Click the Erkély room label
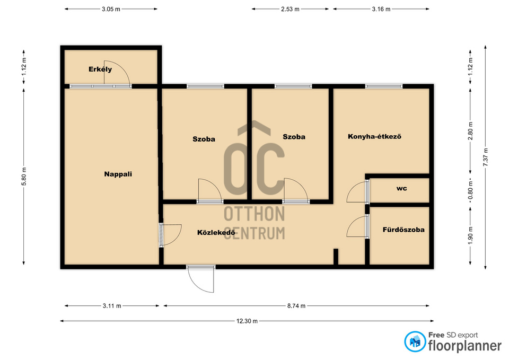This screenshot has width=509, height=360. [x=100, y=69]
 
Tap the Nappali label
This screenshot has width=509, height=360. [x=118, y=174]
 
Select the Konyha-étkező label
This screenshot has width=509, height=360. [x=374, y=136]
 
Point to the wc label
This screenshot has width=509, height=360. [x=401, y=188]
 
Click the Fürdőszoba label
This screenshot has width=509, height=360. [x=403, y=230]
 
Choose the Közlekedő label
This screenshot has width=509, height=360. [x=216, y=232]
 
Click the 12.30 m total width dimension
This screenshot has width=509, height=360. [x=247, y=321]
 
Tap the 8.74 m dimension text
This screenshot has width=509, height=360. [x=296, y=306]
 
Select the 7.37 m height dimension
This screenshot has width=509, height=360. [x=486, y=157]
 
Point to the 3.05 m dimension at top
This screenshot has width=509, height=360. [x=111, y=9]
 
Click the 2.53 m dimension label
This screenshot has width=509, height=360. [x=290, y=9]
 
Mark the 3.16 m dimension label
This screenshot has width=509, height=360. [x=381, y=9]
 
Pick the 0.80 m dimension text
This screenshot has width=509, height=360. [x=471, y=190]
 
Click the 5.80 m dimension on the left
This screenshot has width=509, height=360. [x=24, y=177]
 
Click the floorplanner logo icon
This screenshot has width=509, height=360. [x=415, y=341]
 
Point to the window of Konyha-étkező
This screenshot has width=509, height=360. [x=384, y=86]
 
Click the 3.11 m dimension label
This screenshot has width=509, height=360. [x=112, y=306]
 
